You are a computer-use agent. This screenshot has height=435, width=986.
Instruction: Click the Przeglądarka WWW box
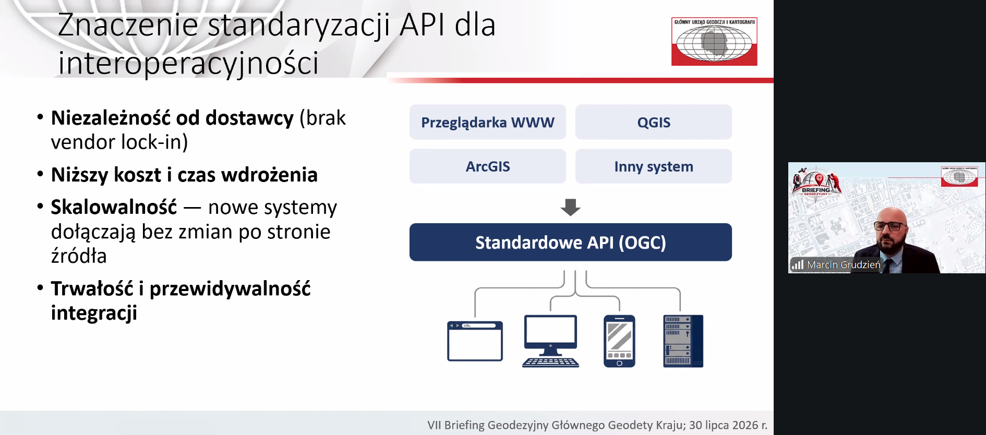pyautogui.click(x=487, y=122)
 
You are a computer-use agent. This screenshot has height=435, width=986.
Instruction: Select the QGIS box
pyautogui.click(x=653, y=122)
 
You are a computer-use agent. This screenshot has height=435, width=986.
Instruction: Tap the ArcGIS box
pyautogui.click(x=487, y=166)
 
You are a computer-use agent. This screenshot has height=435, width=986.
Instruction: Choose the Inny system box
pyautogui.click(x=653, y=166)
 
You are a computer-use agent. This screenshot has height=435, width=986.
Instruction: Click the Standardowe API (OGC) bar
pyautogui.click(x=570, y=242)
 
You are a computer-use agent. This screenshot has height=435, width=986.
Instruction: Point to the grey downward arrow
pyautogui.click(x=570, y=207)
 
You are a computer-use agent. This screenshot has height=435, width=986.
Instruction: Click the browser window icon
pyautogui.click(x=475, y=341)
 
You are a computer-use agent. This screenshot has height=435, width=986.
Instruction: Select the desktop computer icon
pyautogui.click(x=550, y=341)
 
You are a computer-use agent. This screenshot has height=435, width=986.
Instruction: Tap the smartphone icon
pyautogui.click(x=619, y=341)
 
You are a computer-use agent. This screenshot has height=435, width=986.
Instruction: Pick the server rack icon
pyautogui.click(x=683, y=341)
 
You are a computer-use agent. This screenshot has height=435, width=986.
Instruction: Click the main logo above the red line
pyautogui.click(x=714, y=42)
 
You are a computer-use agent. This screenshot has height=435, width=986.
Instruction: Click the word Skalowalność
pyautogui.click(x=114, y=207)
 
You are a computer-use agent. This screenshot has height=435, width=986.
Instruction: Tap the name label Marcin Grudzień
pyautogui.click(x=844, y=265)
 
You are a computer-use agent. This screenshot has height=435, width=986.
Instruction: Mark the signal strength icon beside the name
pyautogui.click(x=797, y=264)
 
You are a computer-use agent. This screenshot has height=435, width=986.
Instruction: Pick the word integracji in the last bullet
pyautogui.click(x=94, y=313)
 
